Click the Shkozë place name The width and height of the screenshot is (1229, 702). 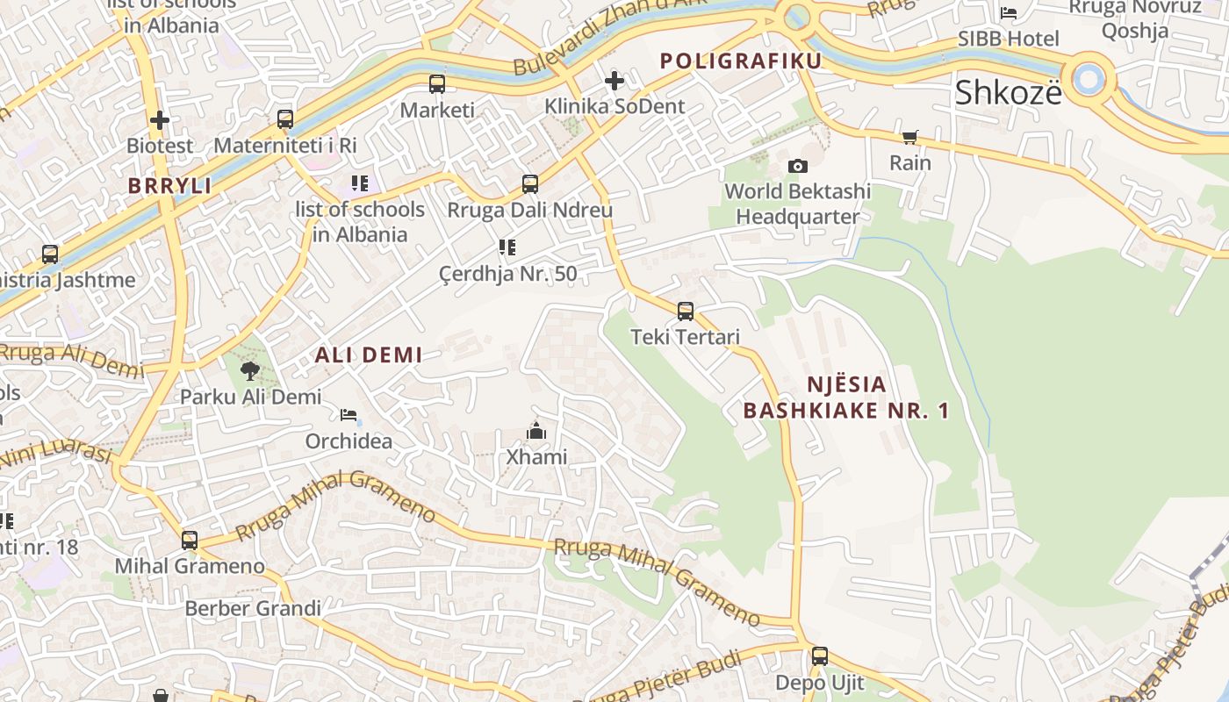(x=1008, y=92)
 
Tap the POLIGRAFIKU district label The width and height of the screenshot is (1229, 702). (x=741, y=61)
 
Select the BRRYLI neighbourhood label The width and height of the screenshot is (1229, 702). (x=170, y=186)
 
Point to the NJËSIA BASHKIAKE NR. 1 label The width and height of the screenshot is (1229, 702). (x=846, y=398)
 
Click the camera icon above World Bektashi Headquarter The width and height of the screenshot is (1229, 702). (x=797, y=166)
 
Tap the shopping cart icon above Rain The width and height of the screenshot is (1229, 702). (x=909, y=137)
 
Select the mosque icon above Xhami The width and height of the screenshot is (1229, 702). (x=535, y=431)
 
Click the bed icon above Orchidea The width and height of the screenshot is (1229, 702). (x=349, y=414)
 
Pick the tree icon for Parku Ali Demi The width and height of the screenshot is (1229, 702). (x=250, y=370)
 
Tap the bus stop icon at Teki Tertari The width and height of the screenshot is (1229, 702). (x=686, y=311)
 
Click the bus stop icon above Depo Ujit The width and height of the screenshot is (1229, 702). (x=819, y=655)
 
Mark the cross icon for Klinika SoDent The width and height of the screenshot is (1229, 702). (x=614, y=81)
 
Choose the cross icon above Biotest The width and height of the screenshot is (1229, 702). (x=159, y=119)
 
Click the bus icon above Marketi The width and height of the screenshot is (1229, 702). (x=436, y=84)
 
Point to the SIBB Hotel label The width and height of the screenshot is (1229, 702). (x=1009, y=39)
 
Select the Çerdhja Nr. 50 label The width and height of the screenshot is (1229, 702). (x=508, y=274)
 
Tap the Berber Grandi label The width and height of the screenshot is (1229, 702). (x=253, y=608)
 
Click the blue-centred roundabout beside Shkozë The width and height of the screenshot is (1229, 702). (x=1089, y=79)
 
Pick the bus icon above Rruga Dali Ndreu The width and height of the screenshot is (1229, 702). (x=530, y=184)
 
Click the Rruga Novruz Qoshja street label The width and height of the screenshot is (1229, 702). (x=1134, y=19)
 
